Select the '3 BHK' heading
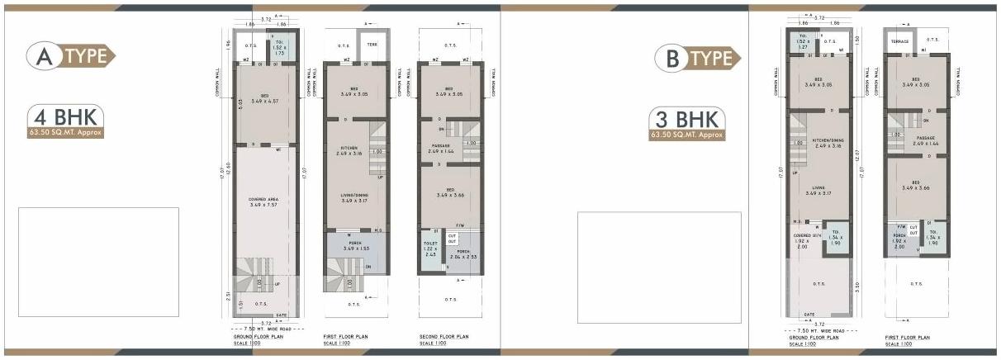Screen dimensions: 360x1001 (x=688, y=117)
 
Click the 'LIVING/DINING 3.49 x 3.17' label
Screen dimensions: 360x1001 (x=354, y=197)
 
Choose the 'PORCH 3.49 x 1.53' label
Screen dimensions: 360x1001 (x=354, y=245)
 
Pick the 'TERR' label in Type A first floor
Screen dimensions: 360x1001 (x=372, y=45)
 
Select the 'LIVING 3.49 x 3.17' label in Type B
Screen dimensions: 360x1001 (x=817, y=190)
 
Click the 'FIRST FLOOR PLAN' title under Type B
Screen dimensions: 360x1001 (x=908, y=337)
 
